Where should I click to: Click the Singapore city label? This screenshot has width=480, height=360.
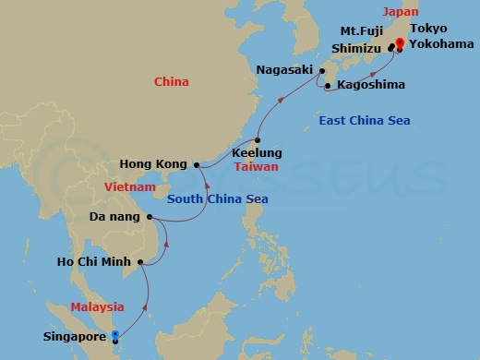point(75,337)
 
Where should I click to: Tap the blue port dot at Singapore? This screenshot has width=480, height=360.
point(114,335)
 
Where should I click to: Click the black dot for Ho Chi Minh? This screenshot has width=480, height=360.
point(139,264)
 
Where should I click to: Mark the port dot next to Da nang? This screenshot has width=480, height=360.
point(149,218)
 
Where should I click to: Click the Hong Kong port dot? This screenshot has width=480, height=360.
point(197,164)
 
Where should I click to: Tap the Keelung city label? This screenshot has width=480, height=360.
point(258,152)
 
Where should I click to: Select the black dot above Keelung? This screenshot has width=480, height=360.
point(258,139)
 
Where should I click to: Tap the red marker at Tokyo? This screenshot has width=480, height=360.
point(400,42)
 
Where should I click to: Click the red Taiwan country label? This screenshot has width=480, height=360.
point(256,168)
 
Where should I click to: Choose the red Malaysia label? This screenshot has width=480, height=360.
point(98,306)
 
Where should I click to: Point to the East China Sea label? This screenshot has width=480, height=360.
point(364,121)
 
